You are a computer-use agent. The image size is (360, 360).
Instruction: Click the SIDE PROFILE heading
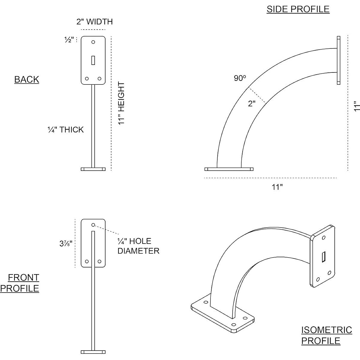click(x=298, y=9)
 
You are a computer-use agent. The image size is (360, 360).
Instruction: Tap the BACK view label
click(x=27, y=79)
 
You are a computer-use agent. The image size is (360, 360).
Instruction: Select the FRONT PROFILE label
click(x=20, y=283)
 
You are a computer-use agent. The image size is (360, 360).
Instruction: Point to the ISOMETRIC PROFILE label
click(x=327, y=335)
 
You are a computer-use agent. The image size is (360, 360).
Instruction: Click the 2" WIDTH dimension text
click(x=95, y=21)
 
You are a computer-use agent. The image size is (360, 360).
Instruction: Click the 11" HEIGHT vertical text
click(x=121, y=103)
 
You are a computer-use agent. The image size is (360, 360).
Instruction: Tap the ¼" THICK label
click(x=66, y=130)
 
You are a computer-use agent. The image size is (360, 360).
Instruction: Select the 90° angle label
click(x=240, y=78)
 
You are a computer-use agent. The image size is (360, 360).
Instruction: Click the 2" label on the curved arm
click(x=252, y=104)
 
